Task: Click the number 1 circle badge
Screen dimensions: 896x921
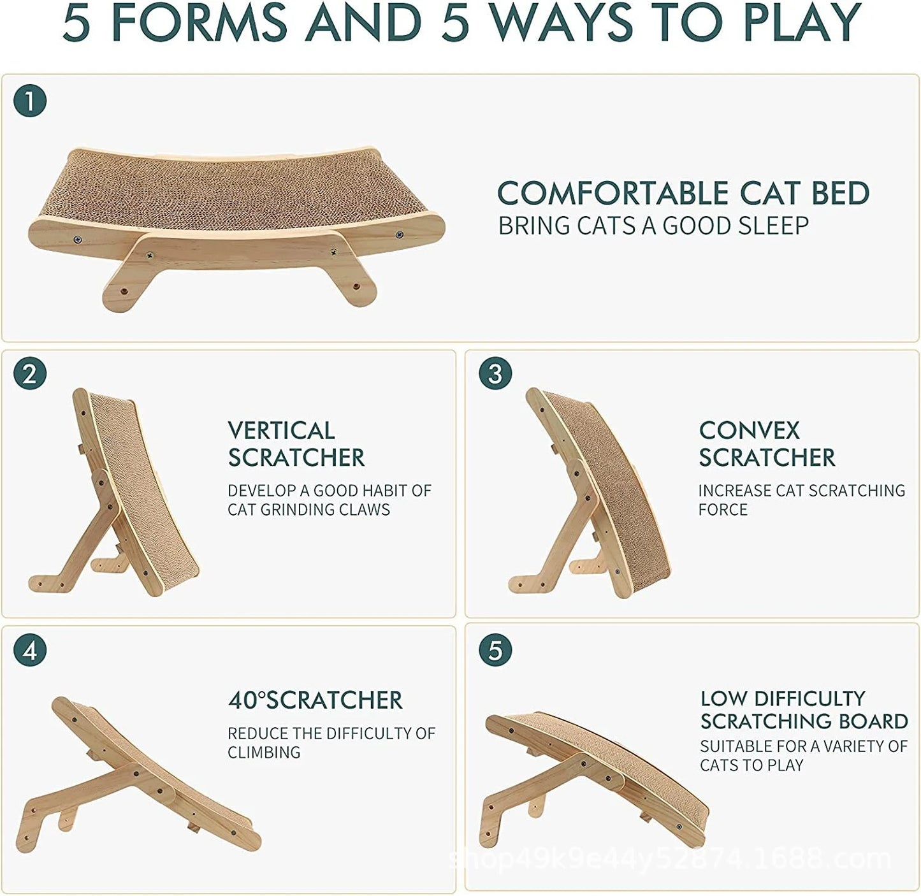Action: [x=30, y=101]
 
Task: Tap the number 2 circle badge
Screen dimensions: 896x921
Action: [x=30, y=373]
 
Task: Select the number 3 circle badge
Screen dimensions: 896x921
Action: [x=495, y=373]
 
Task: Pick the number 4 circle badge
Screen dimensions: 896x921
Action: [x=30, y=651]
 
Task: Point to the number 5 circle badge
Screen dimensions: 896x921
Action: [x=495, y=651]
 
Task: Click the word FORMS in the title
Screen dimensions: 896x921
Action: [x=199, y=23]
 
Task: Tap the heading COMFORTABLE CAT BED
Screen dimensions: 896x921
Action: [x=683, y=194]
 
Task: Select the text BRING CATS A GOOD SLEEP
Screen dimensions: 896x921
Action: [x=653, y=226]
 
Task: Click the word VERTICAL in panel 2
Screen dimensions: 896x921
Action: [x=281, y=431]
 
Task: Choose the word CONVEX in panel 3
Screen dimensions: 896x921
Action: [x=749, y=431]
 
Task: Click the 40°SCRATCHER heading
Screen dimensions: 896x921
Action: [x=315, y=700]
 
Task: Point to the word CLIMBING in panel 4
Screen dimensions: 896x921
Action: [x=264, y=753]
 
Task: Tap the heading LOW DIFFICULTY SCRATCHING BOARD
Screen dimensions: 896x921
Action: [x=804, y=709]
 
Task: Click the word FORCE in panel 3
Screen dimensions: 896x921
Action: [x=722, y=510]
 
